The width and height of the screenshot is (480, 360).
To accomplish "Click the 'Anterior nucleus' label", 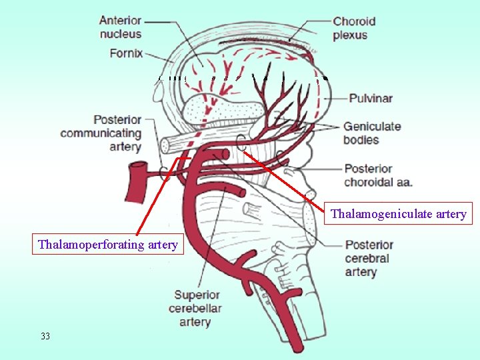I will (120, 26).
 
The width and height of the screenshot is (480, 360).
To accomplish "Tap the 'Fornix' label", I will (127, 53).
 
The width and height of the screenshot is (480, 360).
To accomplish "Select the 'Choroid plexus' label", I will (354, 27).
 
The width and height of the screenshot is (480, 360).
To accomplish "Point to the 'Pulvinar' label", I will (371, 99).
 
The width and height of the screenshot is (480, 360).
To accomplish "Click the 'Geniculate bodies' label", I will (371, 133).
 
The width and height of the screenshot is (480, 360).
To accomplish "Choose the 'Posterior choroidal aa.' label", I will (378, 175).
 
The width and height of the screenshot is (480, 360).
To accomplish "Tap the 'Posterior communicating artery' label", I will (101, 133).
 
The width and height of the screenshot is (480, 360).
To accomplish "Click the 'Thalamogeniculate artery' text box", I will (399, 214).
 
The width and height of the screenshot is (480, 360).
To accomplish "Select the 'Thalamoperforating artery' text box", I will (108, 245).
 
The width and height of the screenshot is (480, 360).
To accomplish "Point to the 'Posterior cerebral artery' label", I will (369, 258).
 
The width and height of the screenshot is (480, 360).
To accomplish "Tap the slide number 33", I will (45, 336).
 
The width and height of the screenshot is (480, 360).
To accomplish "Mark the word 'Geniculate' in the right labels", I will (371, 126).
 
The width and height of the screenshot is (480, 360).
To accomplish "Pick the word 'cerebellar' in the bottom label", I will (195, 308).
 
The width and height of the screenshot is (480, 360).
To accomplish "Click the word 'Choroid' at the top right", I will (354, 21).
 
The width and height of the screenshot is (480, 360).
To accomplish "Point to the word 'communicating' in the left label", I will (101, 133).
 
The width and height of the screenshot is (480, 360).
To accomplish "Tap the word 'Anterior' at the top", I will (120, 20).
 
